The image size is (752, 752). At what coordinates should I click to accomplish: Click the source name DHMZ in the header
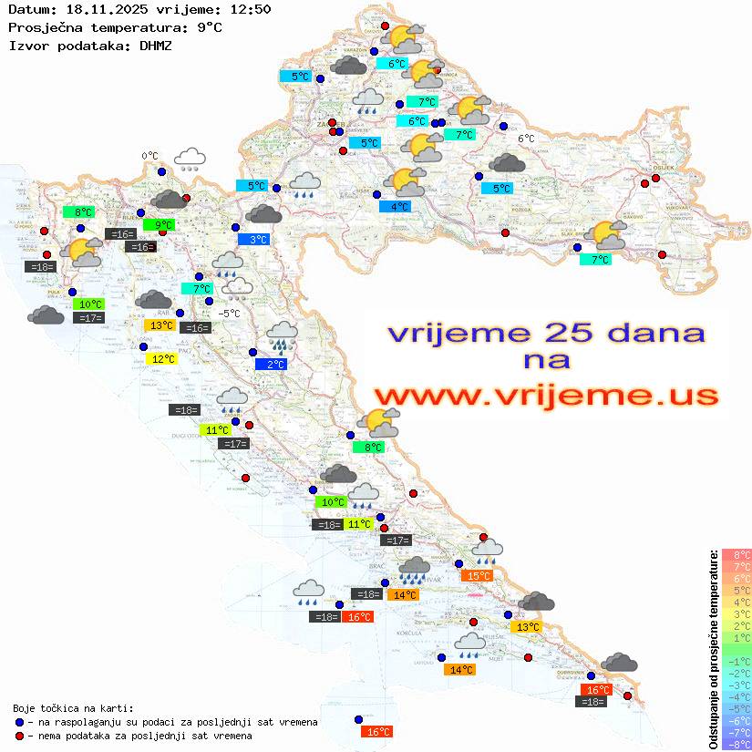157,45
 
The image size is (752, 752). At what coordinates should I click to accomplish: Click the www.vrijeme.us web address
546,397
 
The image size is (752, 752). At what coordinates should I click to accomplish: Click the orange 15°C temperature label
478,576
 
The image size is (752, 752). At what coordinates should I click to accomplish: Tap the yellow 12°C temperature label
162,359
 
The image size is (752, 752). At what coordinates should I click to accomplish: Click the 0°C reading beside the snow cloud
150,156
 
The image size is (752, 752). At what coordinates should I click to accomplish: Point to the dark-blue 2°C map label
275,365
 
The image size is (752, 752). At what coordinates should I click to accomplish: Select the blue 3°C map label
258,240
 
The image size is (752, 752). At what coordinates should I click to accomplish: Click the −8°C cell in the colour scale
737,744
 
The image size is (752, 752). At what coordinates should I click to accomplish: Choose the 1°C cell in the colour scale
737,638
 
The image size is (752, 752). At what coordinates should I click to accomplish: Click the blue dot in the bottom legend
20,722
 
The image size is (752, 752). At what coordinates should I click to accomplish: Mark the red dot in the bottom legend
20,736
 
